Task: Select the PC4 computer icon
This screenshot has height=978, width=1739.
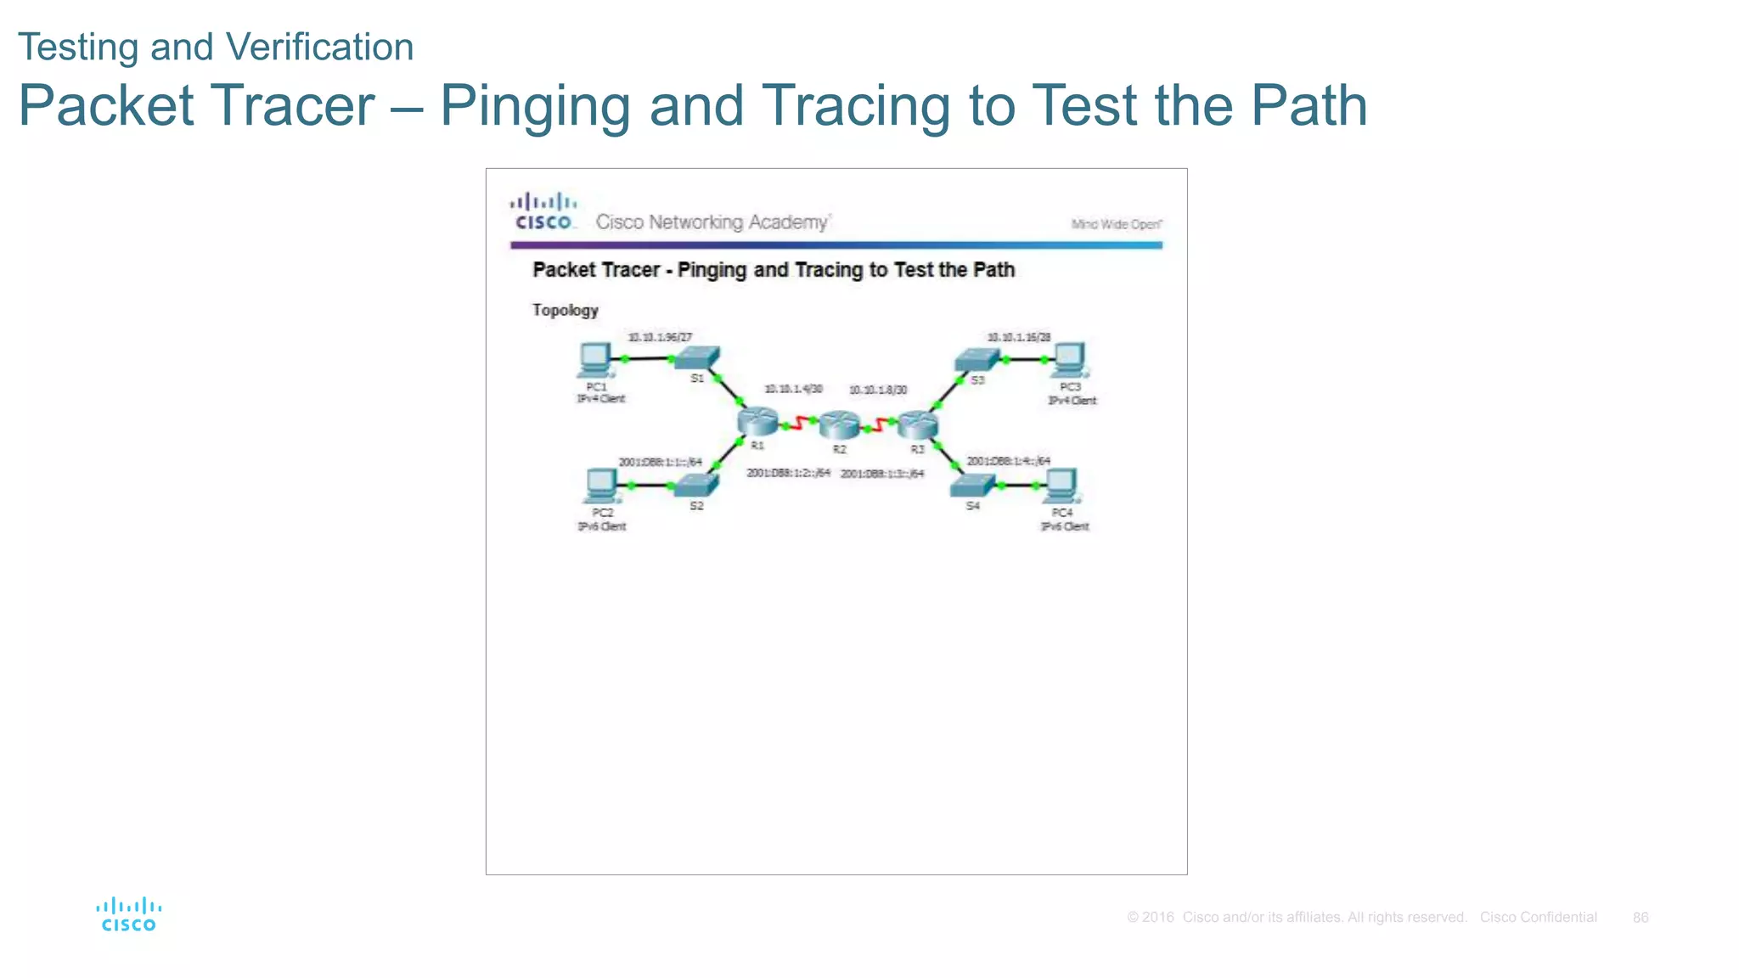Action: tap(1061, 486)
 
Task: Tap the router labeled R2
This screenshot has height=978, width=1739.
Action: tap(839, 424)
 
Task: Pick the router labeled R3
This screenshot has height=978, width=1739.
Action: tap(918, 424)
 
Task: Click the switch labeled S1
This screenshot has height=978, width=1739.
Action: tap(697, 357)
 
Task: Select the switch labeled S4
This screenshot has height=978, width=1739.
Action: tap(972, 485)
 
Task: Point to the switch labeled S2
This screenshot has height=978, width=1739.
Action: tap(695, 485)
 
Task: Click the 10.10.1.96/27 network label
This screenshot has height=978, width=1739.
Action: tap(660, 337)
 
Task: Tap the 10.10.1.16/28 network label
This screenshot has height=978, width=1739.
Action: tap(1018, 337)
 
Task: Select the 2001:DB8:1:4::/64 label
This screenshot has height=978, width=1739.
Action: tap(1008, 461)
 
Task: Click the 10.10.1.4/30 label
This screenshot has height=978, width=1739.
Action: tap(793, 389)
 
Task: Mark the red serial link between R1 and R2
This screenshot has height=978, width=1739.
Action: tap(798, 423)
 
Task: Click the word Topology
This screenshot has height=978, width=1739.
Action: tap(565, 310)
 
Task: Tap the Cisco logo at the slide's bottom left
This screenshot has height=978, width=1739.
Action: tap(128, 914)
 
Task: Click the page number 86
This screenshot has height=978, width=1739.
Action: tap(1640, 917)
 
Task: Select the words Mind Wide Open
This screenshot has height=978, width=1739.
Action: tap(1116, 224)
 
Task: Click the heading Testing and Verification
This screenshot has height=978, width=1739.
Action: tap(216, 47)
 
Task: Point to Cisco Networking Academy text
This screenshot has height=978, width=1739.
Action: tap(712, 222)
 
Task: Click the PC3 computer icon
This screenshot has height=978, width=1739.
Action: tap(1069, 360)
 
